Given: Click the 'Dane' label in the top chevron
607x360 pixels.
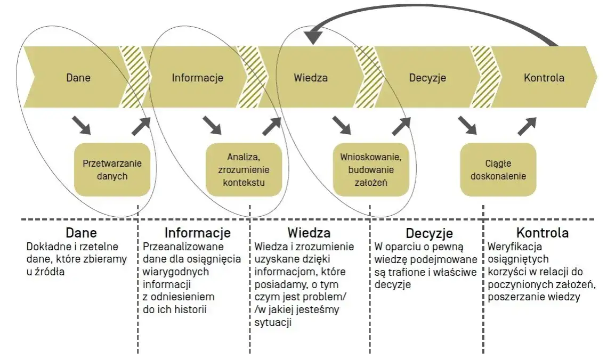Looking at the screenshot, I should pos(78,78).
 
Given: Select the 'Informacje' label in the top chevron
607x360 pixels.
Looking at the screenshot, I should pos(197,78).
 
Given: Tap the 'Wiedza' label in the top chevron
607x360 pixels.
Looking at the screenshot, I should pos(311,78).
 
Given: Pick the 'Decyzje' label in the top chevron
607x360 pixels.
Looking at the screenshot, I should pos(427,78).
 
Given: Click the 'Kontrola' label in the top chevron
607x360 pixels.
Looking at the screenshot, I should pos(544,78).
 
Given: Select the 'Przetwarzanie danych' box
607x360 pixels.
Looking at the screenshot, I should pos(112,169).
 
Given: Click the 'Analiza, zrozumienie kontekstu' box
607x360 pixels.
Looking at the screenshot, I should pos(244,169).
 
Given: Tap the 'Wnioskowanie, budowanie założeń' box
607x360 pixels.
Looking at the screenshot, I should pos(370,169).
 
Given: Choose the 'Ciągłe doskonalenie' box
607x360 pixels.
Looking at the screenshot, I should pos(498,169).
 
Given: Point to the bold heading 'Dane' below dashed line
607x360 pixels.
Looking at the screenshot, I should pos(81,233).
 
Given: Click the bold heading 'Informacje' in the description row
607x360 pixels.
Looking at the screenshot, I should pos(197,233).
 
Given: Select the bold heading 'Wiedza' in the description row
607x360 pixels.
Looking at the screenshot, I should pos(309,233).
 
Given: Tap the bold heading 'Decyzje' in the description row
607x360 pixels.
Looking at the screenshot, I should pos(429,233).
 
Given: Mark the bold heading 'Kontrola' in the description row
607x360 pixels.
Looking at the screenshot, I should pos(542,233).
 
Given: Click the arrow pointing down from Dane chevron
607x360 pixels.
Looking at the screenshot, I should pos(81,126).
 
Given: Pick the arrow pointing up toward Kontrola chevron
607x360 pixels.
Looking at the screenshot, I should pos(527,126).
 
